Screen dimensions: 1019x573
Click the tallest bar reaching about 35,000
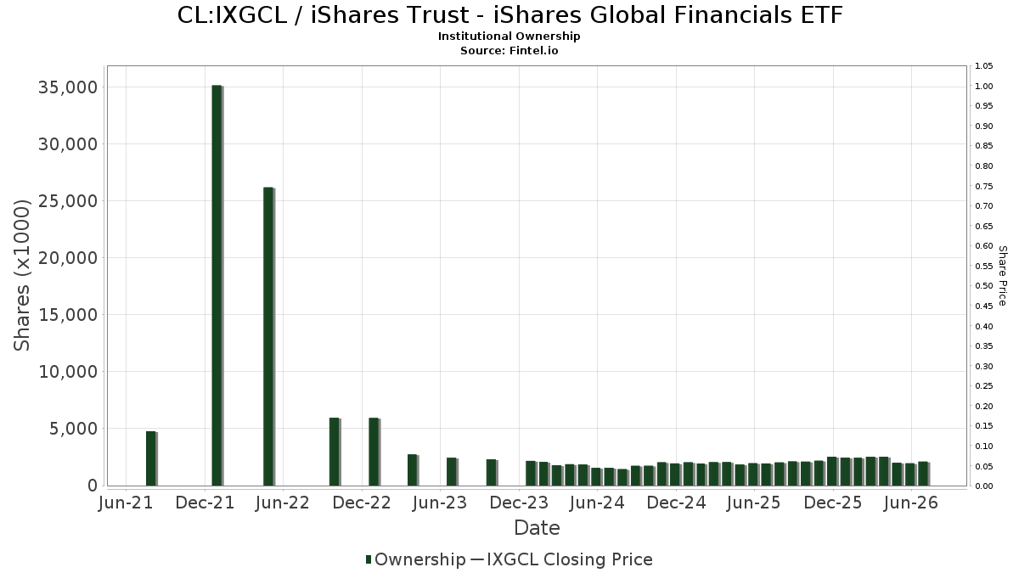tap(217, 285)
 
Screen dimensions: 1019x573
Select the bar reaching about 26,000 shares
tap(269, 336)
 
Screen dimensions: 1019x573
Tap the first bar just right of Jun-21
tap(151, 458)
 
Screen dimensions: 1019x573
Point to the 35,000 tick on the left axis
tap(68, 87)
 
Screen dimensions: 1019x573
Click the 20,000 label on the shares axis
tap(68, 258)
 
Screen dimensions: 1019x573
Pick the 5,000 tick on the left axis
tap(74, 429)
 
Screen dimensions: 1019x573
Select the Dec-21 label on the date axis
tap(205, 503)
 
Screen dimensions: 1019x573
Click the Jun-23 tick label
tap(440, 503)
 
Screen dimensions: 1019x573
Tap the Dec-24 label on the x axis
tap(676, 503)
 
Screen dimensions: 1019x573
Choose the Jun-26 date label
tap(911, 503)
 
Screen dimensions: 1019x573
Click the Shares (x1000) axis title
tap(21, 275)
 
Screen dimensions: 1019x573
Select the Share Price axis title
tap(1003, 276)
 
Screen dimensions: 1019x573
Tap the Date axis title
tap(537, 528)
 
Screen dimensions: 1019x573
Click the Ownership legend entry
tap(416, 559)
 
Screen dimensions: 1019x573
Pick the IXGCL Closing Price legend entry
tap(562, 559)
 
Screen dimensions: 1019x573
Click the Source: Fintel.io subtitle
tap(509, 50)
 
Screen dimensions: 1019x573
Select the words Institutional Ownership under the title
tap(509, 37)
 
